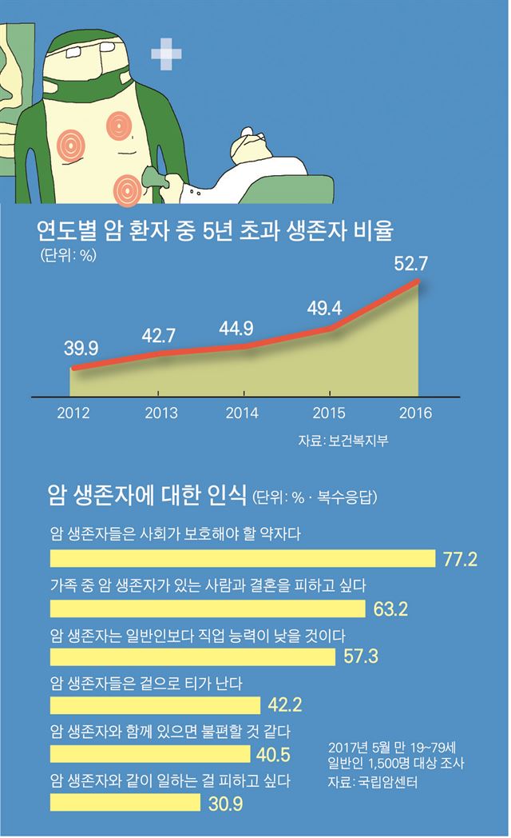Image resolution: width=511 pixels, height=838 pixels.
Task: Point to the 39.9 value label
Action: pyautogui.click(x=80, y=349)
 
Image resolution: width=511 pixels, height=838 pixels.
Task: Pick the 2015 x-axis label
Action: pyautogui.click(x=329, y=413)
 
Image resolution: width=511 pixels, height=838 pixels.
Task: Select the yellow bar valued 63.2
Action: pyautogui.click(x=209, y=609)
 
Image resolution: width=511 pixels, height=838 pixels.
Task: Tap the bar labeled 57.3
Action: pyautogui.click(x=192, y=657)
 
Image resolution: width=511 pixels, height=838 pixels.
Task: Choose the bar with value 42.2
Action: pyautogui.click(x=155, y=705)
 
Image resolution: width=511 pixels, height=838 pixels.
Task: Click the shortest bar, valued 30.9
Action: pyautogui.click(x=127, y=802)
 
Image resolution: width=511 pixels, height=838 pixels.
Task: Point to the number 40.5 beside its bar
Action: pyautogui.click(x=272, y=754)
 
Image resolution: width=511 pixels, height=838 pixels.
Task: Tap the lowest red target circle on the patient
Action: pyautogui.click(x=127, y=189)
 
